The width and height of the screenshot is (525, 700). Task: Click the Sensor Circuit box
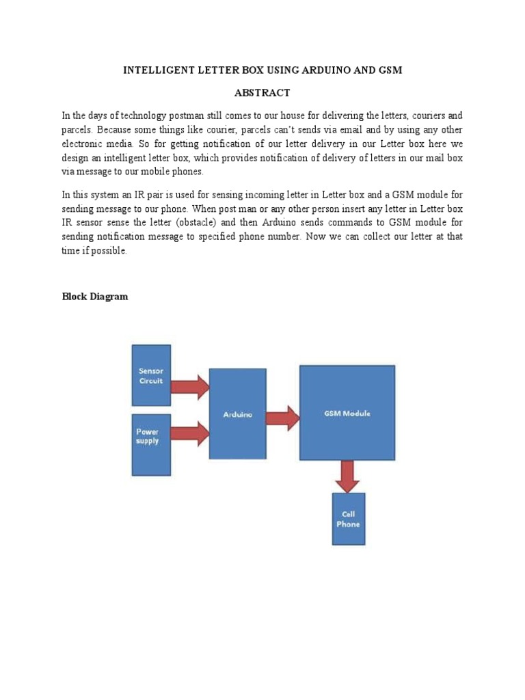click(151, 375)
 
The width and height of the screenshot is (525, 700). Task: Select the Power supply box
click(151, 444)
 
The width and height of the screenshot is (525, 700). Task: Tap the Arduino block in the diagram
click(237, 414)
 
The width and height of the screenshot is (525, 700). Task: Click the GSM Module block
click(347, 413)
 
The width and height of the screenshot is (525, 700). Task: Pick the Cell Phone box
click(348, 519)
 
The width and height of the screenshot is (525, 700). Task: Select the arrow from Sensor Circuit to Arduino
click(189, 387)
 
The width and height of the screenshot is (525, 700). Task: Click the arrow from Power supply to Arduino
click(189, 432)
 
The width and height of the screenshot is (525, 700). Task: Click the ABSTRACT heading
click(262, 93)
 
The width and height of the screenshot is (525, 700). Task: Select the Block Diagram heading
click(94, 297)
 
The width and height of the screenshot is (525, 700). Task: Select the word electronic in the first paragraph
click(83, 144)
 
